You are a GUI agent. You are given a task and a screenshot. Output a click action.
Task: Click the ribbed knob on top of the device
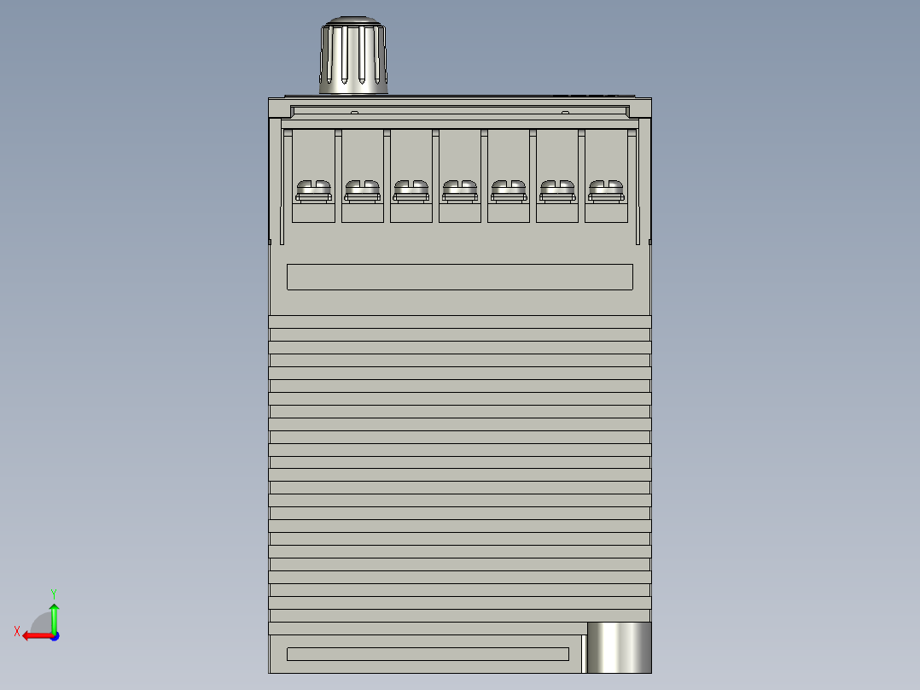353,60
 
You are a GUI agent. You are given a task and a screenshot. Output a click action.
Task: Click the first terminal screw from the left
313,190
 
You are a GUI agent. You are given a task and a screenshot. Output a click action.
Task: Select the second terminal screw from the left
362,190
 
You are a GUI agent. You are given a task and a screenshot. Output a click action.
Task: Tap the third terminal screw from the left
411,190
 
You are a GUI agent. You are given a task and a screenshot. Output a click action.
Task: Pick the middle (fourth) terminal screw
459,190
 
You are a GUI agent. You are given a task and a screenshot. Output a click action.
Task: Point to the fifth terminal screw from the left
508,190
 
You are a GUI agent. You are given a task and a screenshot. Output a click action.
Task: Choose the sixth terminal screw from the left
556,190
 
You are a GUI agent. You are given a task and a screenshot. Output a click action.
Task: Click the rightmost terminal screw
605,190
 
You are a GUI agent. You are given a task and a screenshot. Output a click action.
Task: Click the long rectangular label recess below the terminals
459,277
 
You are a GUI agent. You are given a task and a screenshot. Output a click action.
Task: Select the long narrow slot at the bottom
428,654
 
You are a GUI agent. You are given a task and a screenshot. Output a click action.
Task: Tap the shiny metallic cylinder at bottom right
619,646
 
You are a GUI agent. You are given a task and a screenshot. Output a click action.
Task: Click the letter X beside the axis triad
16,632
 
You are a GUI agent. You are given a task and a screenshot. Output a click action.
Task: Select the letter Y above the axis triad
53,593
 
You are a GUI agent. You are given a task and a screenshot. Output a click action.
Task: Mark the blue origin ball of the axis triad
54,635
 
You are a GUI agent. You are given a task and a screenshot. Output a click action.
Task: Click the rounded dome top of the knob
353,21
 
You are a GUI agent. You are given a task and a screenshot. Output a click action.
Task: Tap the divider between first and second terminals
338,175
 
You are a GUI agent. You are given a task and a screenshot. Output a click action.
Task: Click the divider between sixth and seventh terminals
581,175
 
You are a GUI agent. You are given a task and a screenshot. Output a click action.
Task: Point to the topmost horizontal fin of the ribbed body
459,322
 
